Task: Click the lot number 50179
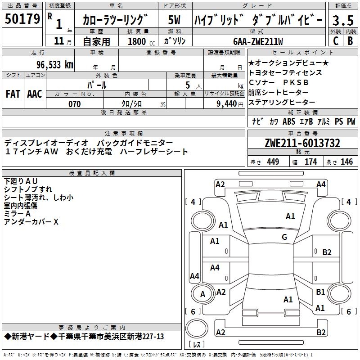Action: (x=22, y=19)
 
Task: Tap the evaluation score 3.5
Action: (x=342, y=21)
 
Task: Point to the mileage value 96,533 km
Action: (x=54, y=64)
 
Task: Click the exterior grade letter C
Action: (x=335, y=41)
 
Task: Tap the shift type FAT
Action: (x=13, y=94)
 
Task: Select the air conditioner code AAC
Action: (x=34, y=94)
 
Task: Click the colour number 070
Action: (x=74, y=104)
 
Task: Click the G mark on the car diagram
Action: (x=284, y=237)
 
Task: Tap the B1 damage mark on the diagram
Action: (x=320, y=292)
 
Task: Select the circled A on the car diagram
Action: (x=202, y=294)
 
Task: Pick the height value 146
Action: (x=346, y=162)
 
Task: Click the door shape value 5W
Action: (x=175, y=20)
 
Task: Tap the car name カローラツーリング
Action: (x=115, y=20)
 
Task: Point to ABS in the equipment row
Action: (x=289, y=121)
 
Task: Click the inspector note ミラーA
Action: (x=17, y=214)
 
